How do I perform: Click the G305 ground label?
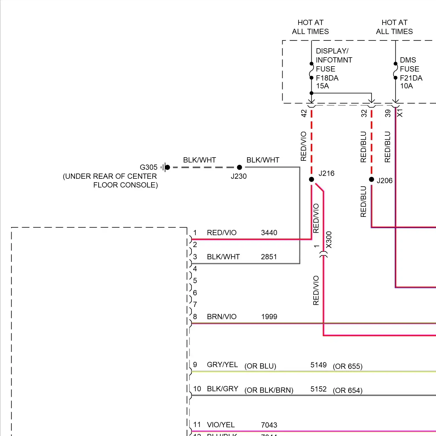pyautogui.click(x=149, y=167)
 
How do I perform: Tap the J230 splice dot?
pyautogui.click(x=240, y=167)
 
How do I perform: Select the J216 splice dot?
pyautogui.click(x=311, y=179)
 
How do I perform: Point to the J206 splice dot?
pyautogui.click(x=371, y=179)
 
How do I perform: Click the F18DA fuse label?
pyautogui.click(x=327, y=78)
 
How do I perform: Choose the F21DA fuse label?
pyautogui.click(x=411, y=78)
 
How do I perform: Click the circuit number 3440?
pyautogui.click(x=269, y=233)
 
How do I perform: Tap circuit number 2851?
pyautogui.click(x=269, y=257)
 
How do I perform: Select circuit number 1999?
pyautogui.click(x=269, y=317)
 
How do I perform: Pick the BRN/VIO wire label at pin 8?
pyautogui.click(x=221, y=317)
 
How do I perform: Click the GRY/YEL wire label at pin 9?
pyautogui.click(x=222, y=364)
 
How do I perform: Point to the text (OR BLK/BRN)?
pyautogui.click(x=269, y=390)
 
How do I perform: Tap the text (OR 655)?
pyautogui.click(x=347, y=366)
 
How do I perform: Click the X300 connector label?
pyautogui.click(x=329, y=240)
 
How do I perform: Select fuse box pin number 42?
pyautogui.click(x=304, y=113)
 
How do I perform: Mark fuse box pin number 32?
pyautogui.click(x=364, y=113)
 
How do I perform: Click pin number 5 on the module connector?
pyautogui.click(x=195, y=280)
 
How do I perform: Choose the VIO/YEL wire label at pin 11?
pyautogui.click(x=221, y=425)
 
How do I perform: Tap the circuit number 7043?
pyautogui.click(x=269, y=425)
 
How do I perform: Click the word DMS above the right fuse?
pyautogui.click(x=408, y=60)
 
